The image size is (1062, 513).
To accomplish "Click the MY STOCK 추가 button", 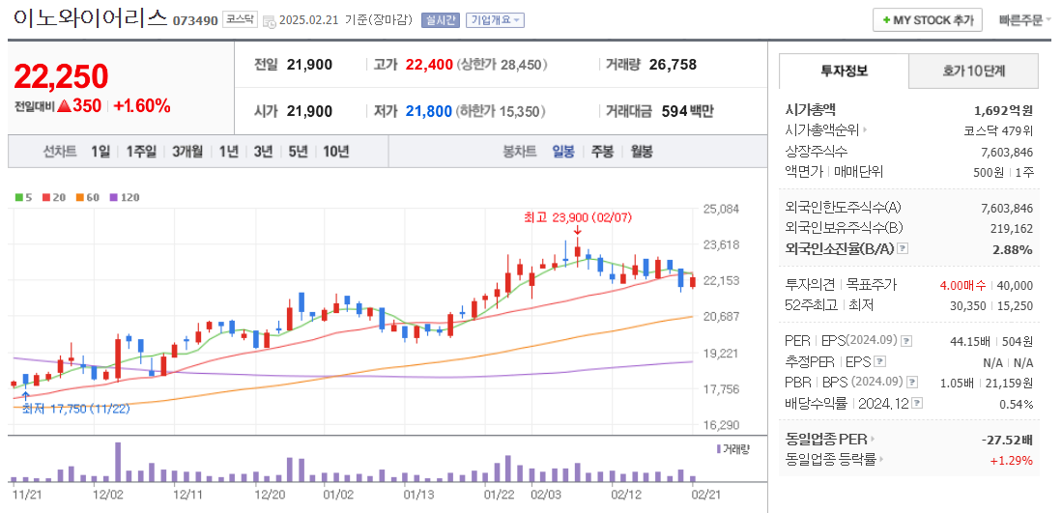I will click(927, 19).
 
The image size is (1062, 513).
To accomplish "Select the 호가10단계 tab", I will click(974, 71).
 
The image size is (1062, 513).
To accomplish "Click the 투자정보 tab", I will click(844, 71).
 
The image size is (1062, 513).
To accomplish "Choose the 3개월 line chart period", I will click(187, 152).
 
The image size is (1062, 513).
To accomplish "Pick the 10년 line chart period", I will click(336, 152).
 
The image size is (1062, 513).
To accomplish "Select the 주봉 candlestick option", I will click(602, 152).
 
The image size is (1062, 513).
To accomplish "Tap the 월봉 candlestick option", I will click(642, 152).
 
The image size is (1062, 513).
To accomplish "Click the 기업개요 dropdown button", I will click(495, 20).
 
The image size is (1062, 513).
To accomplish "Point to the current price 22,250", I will click(61, 76).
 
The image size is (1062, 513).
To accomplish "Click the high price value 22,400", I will click(429, 65).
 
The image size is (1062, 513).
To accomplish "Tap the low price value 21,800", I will click(429, 111).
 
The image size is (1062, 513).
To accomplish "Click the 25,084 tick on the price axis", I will click(721, 209).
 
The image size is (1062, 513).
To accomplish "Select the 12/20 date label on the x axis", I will click(270, 495).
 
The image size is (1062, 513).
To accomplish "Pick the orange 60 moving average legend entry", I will click(88, 197).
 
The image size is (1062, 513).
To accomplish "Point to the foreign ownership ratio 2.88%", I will click(1013, 249).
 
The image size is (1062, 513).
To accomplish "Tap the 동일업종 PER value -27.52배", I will click(1007, 440).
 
